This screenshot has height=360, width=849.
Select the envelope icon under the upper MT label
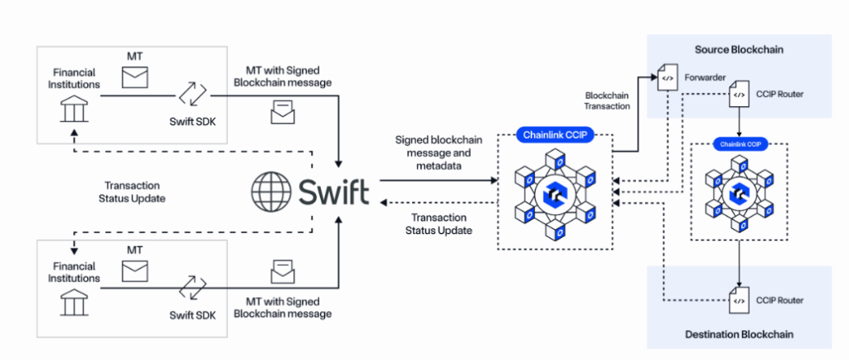133,78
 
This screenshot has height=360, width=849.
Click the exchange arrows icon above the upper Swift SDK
192,95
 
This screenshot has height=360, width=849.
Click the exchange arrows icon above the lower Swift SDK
192,287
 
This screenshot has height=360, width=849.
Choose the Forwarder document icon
667,80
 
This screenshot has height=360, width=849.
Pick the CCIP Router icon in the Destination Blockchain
738,300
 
